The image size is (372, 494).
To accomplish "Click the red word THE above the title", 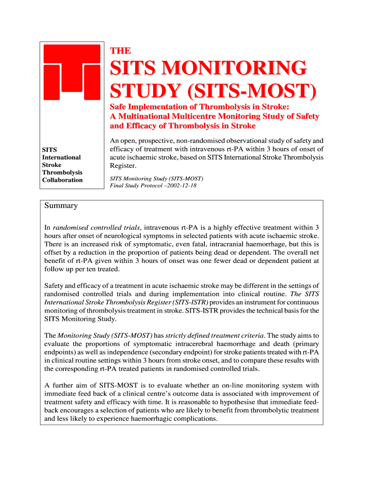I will (120, 51).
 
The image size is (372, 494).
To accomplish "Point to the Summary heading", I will (61, 206).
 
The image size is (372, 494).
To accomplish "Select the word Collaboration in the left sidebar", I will (62, 180).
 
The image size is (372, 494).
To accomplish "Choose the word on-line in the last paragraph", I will (235, 385).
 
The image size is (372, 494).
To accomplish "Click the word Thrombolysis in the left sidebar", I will (62, 172).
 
